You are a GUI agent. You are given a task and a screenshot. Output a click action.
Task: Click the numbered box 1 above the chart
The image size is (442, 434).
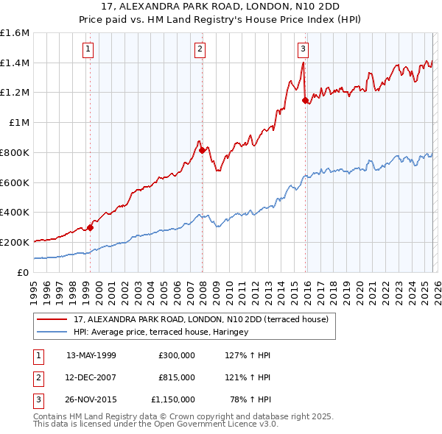[88, 49]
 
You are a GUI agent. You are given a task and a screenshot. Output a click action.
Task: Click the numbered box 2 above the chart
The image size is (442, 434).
[200, 49]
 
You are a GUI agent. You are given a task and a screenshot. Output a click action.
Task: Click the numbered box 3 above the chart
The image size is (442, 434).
[303, 49]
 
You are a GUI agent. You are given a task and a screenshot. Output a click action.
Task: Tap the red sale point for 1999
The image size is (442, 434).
[91, 227]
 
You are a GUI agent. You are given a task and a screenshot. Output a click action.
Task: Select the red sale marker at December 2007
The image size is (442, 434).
[203, 150]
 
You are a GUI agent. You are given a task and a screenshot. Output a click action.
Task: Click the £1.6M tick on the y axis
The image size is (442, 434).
[15, 33]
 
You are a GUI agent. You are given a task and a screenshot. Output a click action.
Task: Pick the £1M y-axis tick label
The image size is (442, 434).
[19, 123]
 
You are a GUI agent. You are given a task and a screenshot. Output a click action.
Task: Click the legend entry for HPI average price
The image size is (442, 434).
[161, 332]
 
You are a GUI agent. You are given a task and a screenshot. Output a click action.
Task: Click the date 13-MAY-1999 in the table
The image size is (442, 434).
[91, 355]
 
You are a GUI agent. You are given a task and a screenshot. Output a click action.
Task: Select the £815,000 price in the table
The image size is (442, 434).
[176, 377]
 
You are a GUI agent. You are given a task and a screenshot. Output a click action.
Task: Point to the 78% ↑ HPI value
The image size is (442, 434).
[250, 399]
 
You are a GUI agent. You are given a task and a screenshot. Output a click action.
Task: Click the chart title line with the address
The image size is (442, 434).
[220, 7]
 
